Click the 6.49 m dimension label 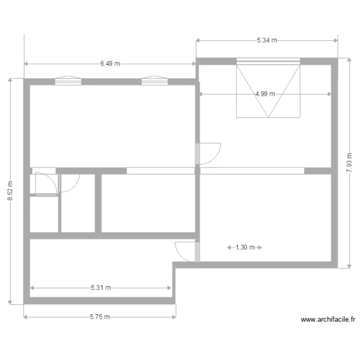pyautogui.click(x=110, y=64)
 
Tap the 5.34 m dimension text pyautogui.click(x=267, y=40)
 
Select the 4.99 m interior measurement pyautogui.click(x=265, y=94)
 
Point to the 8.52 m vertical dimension pyautogui.click(x=11, y=191)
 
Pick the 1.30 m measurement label pyautogui.click(x=245, y=248)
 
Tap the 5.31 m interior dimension pyautogui.click(x=101, y=288)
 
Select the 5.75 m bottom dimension pyautogui.click(x=100, y=317)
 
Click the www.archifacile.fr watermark pyautogui.click(x=327, y=319)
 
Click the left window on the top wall pyautogui.click(x=68, y=81)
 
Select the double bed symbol pyautogui.click(x=268, y=91)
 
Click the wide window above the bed pyautogui.click(x=268, y=61)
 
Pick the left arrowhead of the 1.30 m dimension pyautogui.click(x=229, y=248)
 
